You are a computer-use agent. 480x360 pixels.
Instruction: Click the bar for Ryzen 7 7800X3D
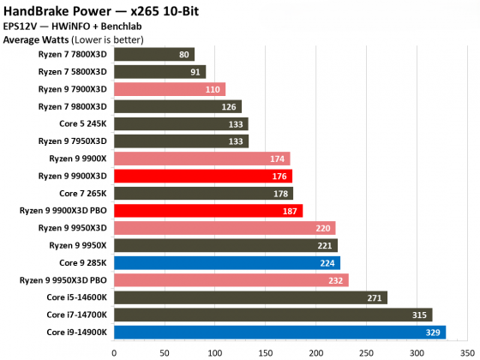click(x=154, y=54)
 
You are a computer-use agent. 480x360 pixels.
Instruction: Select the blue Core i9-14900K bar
click(x=279, y=332)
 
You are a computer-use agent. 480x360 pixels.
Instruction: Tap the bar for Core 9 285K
click(x=227, y=262)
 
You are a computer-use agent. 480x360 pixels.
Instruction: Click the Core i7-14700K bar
click(x=273, y=315)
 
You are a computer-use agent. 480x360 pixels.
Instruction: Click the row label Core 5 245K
click(x=84, y=123)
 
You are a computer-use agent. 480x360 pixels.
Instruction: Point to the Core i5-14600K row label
click(x=77, y=297)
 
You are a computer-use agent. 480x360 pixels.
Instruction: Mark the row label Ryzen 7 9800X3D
click(x=73, y=106)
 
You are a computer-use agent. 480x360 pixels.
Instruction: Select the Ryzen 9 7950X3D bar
click(x=181, y=141)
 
